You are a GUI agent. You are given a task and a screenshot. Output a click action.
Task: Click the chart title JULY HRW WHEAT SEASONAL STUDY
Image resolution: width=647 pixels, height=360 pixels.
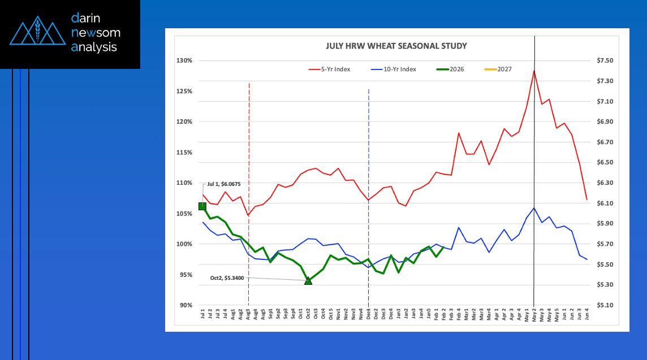click(396, 46)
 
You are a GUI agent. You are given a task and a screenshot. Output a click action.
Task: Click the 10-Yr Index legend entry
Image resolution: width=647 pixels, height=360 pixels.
click(400, 70)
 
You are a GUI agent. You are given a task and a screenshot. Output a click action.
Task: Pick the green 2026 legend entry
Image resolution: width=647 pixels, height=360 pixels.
click(456, 70)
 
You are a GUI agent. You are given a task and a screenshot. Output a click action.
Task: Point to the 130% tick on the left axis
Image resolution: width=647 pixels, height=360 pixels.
click(185, 60)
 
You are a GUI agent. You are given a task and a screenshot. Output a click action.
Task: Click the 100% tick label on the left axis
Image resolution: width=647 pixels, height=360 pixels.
click(185, 244)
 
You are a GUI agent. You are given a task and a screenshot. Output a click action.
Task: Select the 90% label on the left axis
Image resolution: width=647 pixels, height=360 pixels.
click(186, 305)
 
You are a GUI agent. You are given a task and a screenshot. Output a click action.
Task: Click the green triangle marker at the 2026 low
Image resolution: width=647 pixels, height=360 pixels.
click(308, 280)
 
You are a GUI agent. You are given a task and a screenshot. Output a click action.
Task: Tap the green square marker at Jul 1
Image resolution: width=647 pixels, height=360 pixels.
click(202, 206)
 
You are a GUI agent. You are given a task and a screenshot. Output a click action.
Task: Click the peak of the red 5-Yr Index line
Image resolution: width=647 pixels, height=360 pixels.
click(534, 71)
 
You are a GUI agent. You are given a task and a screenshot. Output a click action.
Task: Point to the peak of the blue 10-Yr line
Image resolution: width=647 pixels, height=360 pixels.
click(534, 208)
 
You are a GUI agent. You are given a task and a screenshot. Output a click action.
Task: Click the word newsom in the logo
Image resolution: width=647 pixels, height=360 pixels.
click(96, 33)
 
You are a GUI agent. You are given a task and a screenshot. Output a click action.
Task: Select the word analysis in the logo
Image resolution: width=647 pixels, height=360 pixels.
click(94, 47)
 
